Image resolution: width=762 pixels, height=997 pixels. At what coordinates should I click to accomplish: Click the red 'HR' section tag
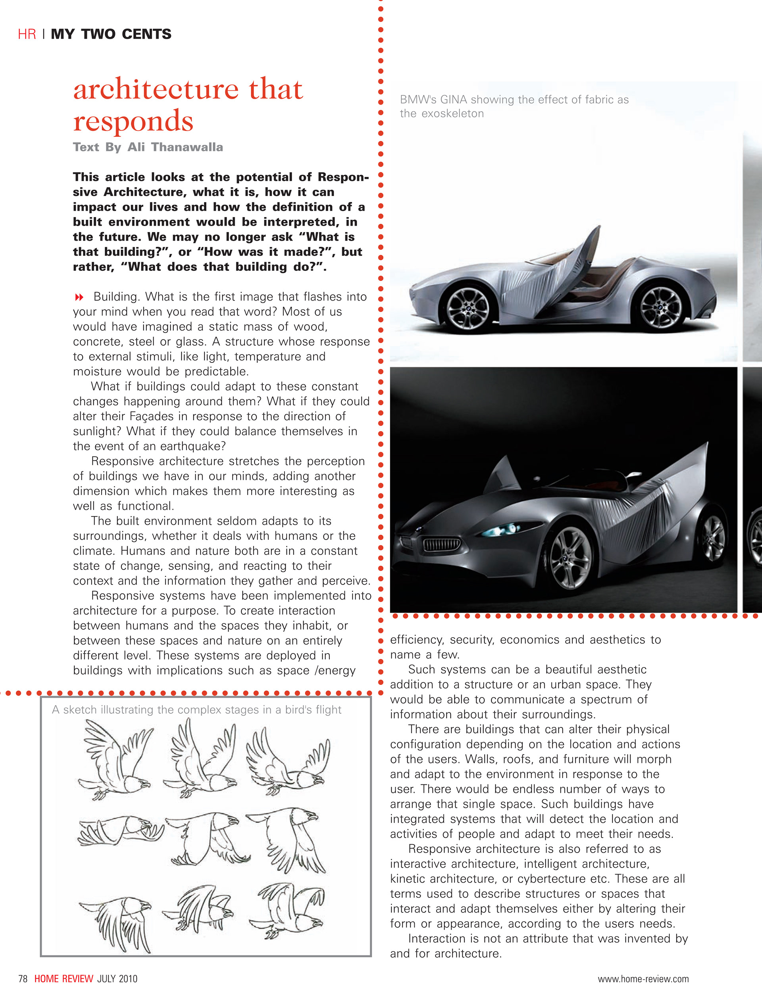coord(27,34)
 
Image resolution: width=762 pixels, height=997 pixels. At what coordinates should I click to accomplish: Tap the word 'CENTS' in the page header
coord(146,34)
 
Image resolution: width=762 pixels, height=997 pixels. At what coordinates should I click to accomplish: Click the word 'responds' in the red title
coord(133,121)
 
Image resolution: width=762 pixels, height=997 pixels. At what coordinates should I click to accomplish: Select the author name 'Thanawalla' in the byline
coord(187,147)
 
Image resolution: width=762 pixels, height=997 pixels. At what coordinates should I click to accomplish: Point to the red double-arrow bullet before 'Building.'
coord(79,297)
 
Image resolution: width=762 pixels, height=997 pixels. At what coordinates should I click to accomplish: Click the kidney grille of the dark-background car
coord(441,544)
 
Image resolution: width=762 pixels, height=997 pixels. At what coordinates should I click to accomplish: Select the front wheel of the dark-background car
coord(571,559)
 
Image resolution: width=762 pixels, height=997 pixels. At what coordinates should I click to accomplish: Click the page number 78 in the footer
coord(23,979)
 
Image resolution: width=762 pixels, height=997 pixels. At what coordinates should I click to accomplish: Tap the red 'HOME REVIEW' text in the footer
coord(63,979)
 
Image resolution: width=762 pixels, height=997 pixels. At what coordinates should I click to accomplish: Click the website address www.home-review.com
coord(643,979)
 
